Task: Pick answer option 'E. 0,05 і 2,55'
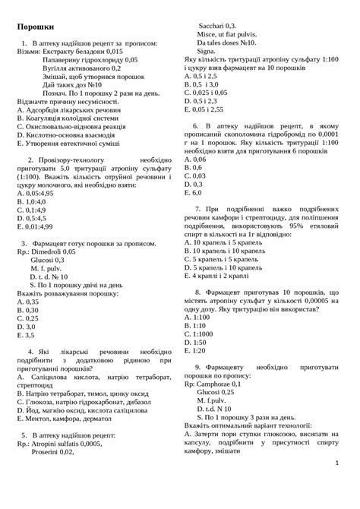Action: tap(204, 109)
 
